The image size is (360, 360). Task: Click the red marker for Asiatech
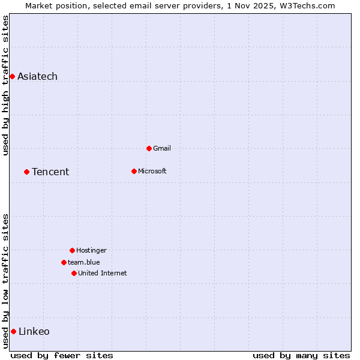[x=12, y=76]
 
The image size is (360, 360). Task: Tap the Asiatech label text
[x=37, y=76]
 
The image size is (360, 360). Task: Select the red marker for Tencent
[x=26, y=172]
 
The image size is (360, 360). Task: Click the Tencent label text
[x=50, y=172]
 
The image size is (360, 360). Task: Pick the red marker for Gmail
[x=149, y=148]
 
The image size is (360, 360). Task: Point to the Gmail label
[x=162, y=148]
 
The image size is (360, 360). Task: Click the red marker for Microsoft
[x=134, y=171]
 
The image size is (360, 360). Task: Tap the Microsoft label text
[x=152, y=171]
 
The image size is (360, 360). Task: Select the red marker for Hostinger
[x=72, y=250]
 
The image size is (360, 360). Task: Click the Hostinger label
[x=91, y=250]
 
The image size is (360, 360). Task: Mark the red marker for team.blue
[x=64, y=262]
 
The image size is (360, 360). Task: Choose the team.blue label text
[x=83, y=262]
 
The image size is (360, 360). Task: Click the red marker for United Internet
[x=74, y=273]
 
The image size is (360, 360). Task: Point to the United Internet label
[x=102, y=273]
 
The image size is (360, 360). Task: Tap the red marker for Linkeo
[x=13, y=331]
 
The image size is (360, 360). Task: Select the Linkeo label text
[x=34, y=331]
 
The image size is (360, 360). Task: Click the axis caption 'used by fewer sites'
[x=62, y=355]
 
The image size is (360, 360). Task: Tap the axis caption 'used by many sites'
[x=301, y=355]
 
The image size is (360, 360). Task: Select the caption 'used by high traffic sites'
[x=5, y=85]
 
